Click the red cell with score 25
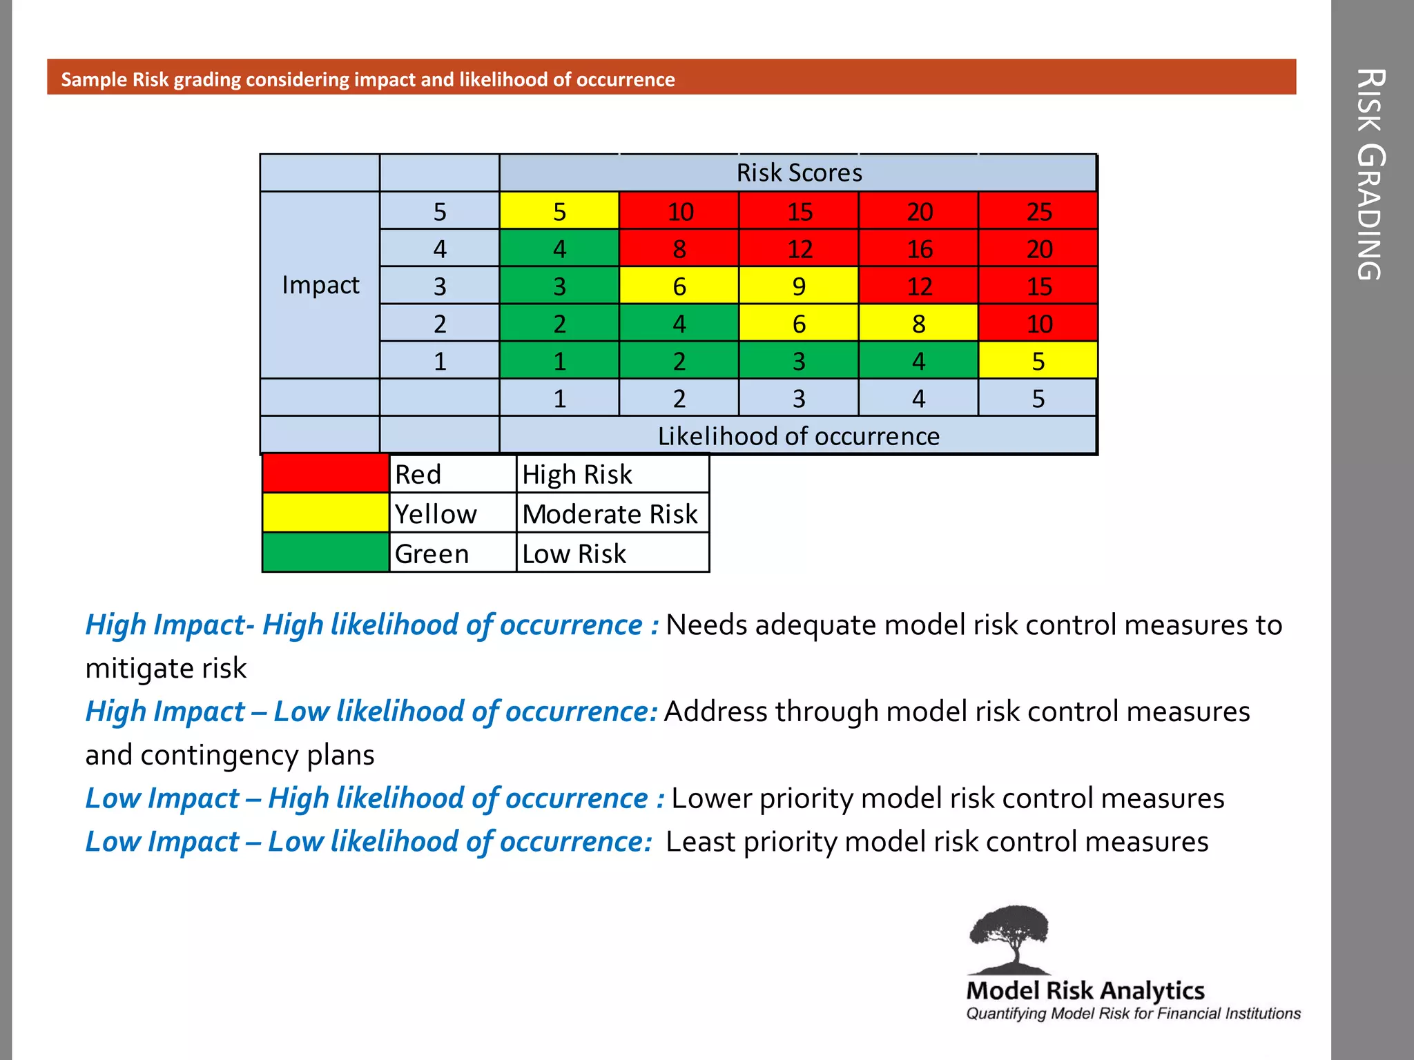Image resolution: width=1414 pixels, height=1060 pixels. (x=1038, y=211)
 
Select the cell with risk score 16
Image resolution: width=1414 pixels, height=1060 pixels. (x=918, y=248)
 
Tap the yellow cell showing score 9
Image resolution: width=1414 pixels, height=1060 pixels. (x=799, y=286)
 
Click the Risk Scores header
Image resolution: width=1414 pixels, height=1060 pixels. (x=799, y=173)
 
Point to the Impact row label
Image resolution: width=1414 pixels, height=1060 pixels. (x=320, y=285)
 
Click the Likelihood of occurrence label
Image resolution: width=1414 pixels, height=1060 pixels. (x=798, y=436)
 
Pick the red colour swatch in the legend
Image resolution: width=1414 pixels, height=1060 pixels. (x=326, y=473)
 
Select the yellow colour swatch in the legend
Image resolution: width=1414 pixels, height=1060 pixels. (x=326, y=513)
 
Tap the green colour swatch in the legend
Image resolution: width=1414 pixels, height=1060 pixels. (x=326, y=553)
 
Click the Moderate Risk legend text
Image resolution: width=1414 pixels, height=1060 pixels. (x=610, y=514)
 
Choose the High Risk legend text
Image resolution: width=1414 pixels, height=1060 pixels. (x=577, y=475)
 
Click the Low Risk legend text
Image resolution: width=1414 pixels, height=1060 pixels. (x=574, y=554)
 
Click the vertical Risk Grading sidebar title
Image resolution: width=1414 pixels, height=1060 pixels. (x=1371, y=174)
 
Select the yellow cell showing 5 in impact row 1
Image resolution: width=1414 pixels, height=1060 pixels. (x=1038, y=361)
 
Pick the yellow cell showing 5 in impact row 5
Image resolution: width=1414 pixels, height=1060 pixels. (x=559, y=211)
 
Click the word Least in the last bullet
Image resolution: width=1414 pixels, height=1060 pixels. (x=700, y=842)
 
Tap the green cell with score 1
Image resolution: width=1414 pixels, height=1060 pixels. (x=559, y=361)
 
